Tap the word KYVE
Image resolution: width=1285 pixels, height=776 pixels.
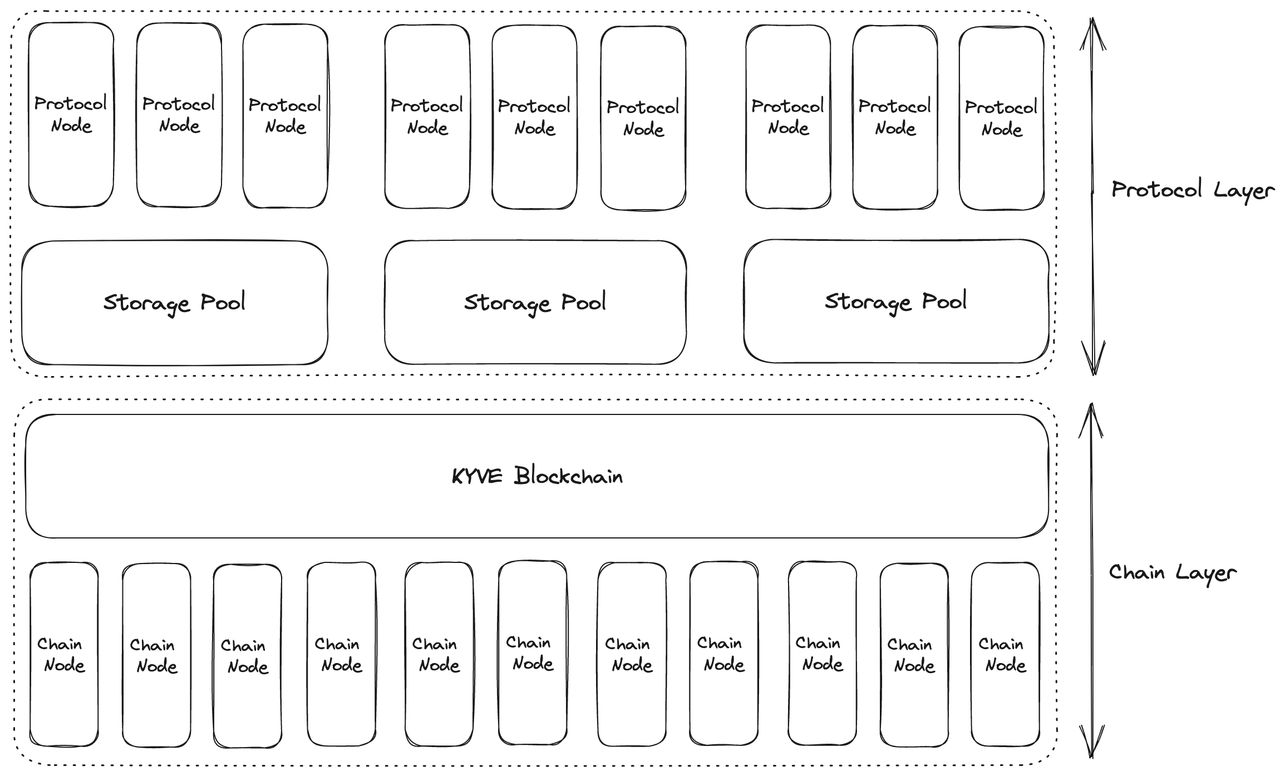pyautogui.click(x=476, y=477)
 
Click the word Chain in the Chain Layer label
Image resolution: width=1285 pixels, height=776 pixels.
pyautogui.click(x=1136, y=572)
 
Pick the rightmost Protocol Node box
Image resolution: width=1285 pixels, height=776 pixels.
pyautogui.click(x=1001, y=167)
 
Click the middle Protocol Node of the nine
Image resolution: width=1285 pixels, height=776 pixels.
pyautogui.click(x=534, y=167)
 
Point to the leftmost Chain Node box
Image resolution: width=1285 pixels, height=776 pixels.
pyautogui.click(x=63, y=701)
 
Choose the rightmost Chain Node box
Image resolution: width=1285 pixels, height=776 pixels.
pyautogui.click(x=1005, y=701)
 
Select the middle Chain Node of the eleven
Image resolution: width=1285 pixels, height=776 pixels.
pyautogui.click(x=533, y=701)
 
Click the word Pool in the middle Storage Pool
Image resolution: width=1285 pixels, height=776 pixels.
pyautogui.click(x=583, y=302)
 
